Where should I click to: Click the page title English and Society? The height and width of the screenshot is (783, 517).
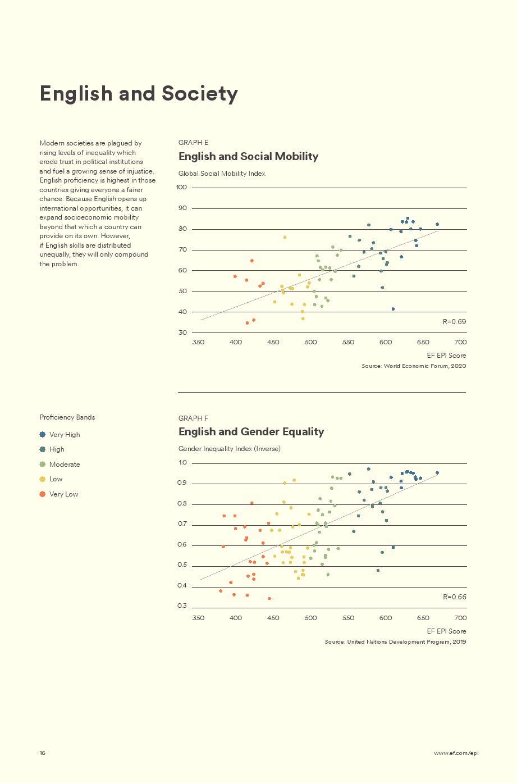tap(139, 94)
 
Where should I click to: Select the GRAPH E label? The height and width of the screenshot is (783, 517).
tap(193, 143)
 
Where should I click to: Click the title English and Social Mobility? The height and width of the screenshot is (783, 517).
tap(248, 157)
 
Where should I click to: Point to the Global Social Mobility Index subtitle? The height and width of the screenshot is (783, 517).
tap(222, 174)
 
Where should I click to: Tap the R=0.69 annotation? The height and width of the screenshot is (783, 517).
tap(454, 322)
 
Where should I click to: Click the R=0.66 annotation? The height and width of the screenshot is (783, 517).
tap(454, 597)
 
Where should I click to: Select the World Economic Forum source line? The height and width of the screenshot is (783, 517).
tap(414, 366)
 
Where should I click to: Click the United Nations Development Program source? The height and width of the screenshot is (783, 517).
tap(395, 642)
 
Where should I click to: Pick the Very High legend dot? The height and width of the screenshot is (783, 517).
tap(42, 435)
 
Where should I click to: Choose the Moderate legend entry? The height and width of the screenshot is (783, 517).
tap(65, 465)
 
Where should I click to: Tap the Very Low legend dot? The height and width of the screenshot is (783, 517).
tap(42, 494)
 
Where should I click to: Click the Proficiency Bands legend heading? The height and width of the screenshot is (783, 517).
tap(67, 417)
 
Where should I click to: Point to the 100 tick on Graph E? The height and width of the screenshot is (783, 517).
tap(181, 187)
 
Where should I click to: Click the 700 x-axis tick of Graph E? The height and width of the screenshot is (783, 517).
tap(460, 342)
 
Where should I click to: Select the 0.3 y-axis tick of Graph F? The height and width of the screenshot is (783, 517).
tap(182, 606)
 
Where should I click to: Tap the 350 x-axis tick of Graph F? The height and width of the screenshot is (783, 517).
tap(198, 618)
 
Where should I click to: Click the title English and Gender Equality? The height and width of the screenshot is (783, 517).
tap(251, 432)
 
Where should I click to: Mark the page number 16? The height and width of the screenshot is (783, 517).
tap(43, 753)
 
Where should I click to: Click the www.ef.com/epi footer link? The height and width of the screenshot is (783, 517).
tap(456, 753)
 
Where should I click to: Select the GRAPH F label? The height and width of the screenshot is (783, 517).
tap(193, 418)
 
